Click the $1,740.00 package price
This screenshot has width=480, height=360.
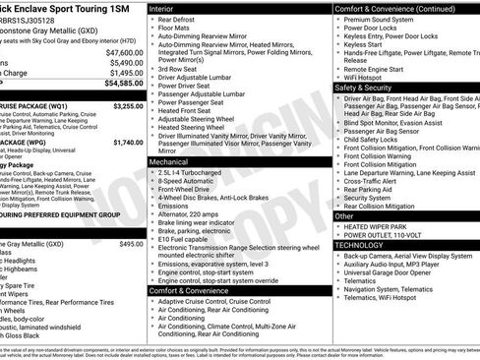point(128,143)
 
